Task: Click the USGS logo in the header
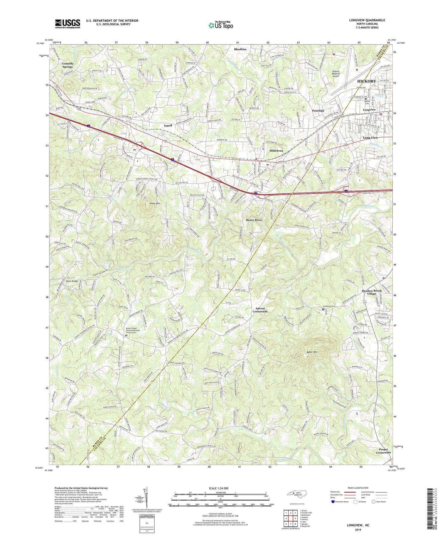click(68, 23)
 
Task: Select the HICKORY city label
click(366, 81)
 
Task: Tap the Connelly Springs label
click(68, 65)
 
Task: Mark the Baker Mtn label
click(312, 352)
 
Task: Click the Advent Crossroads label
click(260, 310)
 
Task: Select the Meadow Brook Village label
click(371, 292)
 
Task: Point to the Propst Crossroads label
click(383, 451)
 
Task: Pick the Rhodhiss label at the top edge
click(240, 49)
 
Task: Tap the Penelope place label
click(318, 111)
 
